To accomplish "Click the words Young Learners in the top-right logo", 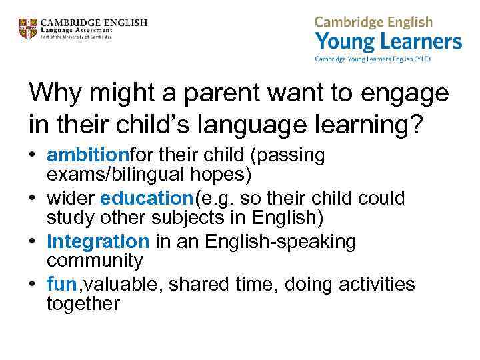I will tap(389, 42).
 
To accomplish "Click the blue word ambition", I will tap(88, 155).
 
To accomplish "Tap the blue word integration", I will tap(98, 241).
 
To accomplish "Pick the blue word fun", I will tap(63, 285).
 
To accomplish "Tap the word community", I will tap(95, 260).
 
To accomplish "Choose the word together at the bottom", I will tap(83, 304).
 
